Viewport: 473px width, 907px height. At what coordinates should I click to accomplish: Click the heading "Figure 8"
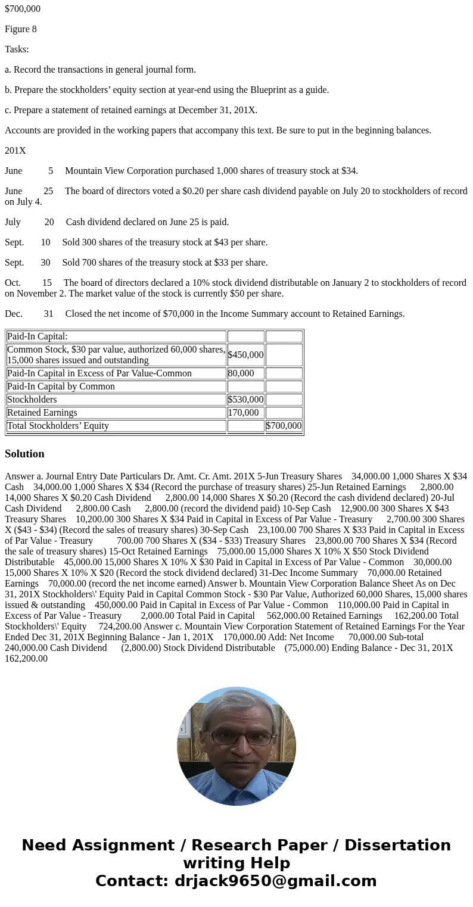pyautogui.click(x=21, y=29)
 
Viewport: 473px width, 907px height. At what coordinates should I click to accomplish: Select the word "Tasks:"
pyautogui.click(x=17, y=49)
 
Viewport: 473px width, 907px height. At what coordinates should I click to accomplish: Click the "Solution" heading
pyautogui.click(x=24, y=454)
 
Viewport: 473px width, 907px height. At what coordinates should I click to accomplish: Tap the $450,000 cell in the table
pyautogui.click(x=245, y=355)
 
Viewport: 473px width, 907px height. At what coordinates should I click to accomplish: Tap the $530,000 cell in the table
pyautogui.click(x=245, y=400)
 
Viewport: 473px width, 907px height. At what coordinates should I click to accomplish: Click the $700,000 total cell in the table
pyautogui.click(x=284, y=426)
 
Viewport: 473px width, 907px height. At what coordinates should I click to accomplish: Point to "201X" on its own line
pyautogui.click(x=15, y=151)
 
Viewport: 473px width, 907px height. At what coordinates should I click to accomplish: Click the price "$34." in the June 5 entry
pyautogui.click(x=350, y=171)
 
